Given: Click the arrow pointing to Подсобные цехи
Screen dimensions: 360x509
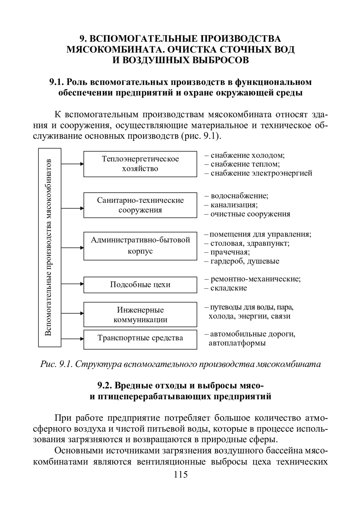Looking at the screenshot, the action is pos(72,284).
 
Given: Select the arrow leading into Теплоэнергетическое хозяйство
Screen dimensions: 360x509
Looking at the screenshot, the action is pos(72,164).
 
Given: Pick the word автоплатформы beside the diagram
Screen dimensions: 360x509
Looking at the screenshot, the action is pos(237,343).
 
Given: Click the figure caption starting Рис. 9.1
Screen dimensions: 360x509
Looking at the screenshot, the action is pos(181,364).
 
